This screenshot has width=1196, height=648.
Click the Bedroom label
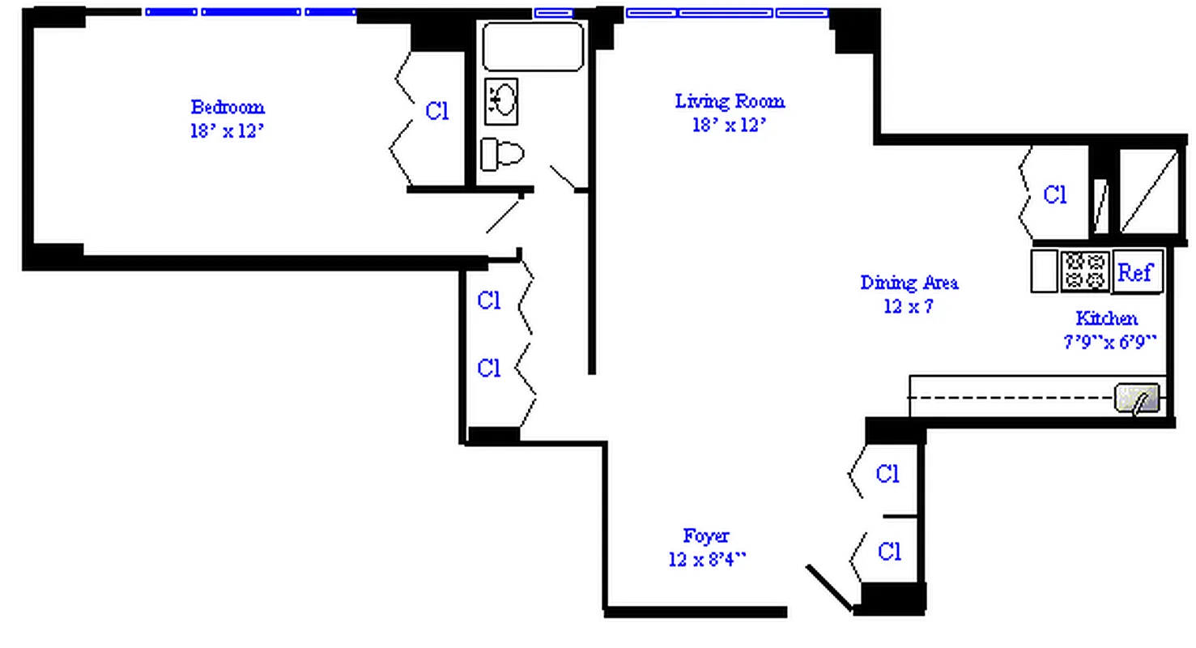pos(227,107)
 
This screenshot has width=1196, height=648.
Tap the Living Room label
pos(730,101)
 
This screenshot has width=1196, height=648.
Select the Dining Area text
pos(909,283)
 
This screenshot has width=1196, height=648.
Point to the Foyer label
pos(706,535)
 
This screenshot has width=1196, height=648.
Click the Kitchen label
pos(1106,318)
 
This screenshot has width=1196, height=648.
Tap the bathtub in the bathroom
pos(533,47)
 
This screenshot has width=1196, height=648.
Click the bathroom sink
pos(501,101)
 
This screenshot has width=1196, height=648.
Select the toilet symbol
pos(501,154)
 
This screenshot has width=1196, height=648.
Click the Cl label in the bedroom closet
pos(437,111)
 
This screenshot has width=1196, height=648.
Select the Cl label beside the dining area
pos(1054,195)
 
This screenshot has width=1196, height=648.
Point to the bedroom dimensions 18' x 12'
pos(227,131)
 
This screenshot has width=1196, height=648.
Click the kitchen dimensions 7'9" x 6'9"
pos(1109,342)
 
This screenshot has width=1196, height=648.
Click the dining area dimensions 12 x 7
pos(909,306)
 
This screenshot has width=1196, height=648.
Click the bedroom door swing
pos(504,214)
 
